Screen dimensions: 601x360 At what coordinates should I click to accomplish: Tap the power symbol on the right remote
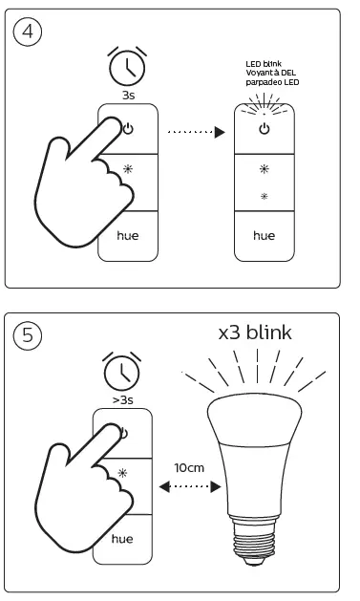point(264,128)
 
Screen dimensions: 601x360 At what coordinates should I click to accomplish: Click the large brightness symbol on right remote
point(264,168)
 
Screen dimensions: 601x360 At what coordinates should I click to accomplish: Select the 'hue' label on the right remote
point(264,234)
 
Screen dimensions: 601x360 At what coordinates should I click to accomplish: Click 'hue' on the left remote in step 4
point(128,234)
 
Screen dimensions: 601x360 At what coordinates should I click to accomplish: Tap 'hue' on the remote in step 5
point(122,538)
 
